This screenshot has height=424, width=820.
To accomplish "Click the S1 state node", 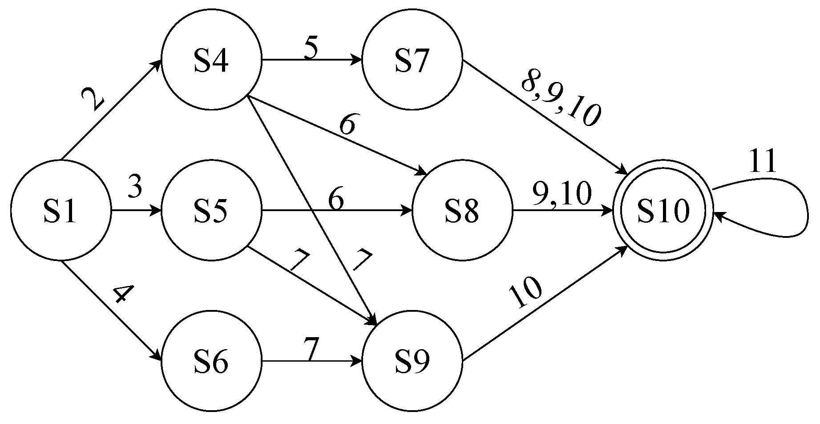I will click(x=61, y=210).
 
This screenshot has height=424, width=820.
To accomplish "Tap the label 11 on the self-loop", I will click(x=763, y=162).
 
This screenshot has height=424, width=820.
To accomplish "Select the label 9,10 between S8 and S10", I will click(x=562, y=194).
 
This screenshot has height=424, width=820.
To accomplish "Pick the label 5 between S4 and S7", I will click(x=311, y=49).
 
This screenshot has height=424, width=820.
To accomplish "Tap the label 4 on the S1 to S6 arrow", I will click(x=123, y=294).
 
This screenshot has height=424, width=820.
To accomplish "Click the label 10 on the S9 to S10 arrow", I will click(x=525, y=293).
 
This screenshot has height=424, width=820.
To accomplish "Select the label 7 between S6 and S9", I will click(x=311, y=349).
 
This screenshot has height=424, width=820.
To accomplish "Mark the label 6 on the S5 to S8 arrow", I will click(x=336, y=200).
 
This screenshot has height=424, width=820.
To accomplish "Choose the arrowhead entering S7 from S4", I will click(x=357, y=60).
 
